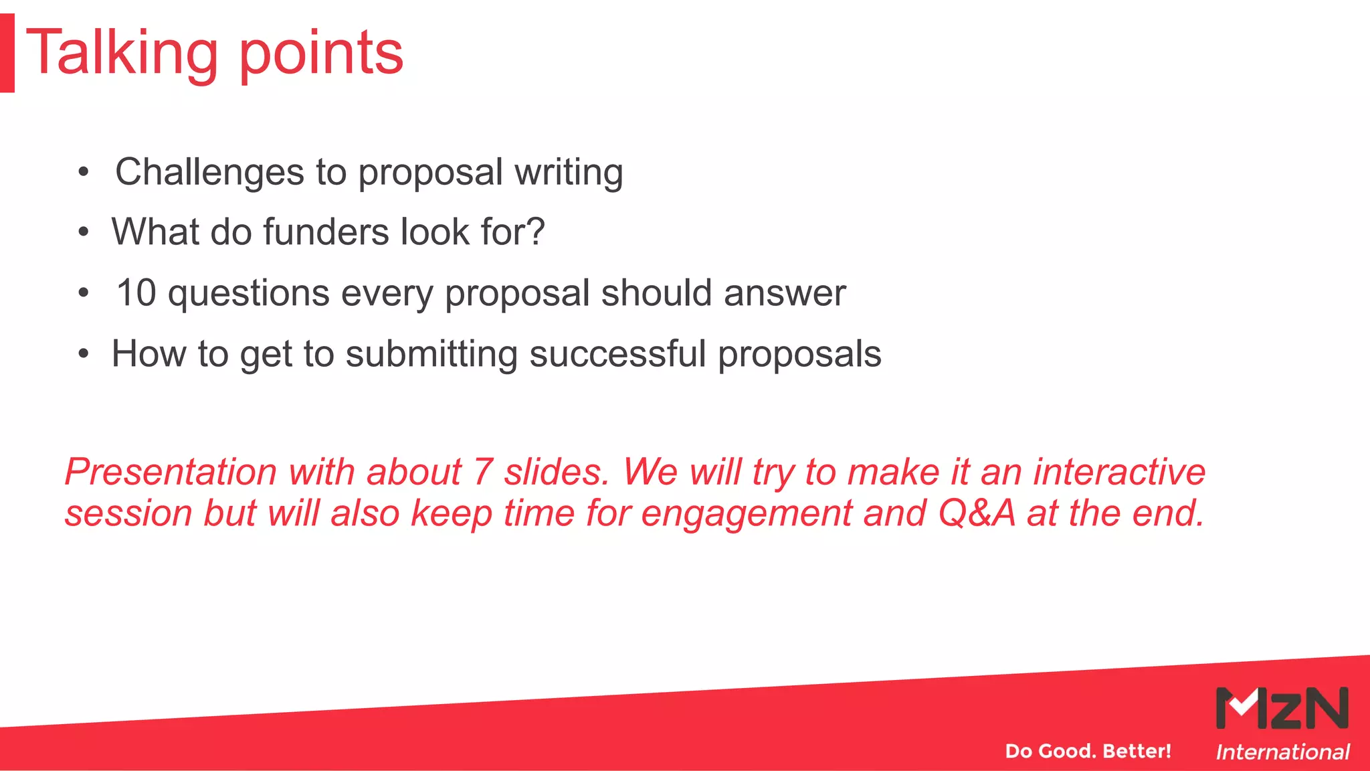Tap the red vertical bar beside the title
(7, 53)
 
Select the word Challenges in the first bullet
(210, 173)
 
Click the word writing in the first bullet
(569, 173)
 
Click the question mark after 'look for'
(535, 232)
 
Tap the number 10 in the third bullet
(136, 293)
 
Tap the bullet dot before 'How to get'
(83, 354)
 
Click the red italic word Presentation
(171, 473)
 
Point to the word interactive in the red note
(1118, 473)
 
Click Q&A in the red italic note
(976, 513)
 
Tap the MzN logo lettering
(1282, 708)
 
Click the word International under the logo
(1282, 752)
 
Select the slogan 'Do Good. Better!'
(1088, 751)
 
